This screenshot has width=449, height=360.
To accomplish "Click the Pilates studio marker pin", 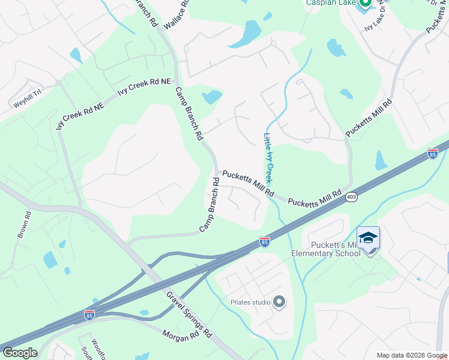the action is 279,302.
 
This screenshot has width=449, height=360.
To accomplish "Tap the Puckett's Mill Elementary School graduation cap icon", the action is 368,238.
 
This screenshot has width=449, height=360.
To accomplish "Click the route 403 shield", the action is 352,197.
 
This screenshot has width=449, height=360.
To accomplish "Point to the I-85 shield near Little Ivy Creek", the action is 265,242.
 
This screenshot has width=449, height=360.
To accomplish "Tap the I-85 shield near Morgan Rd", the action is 89,315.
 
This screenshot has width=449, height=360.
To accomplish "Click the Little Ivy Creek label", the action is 269,158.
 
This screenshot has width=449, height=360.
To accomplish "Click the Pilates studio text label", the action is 250,302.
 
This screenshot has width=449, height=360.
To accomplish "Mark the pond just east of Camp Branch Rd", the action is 211,97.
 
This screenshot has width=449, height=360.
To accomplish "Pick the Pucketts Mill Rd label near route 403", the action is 318,199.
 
